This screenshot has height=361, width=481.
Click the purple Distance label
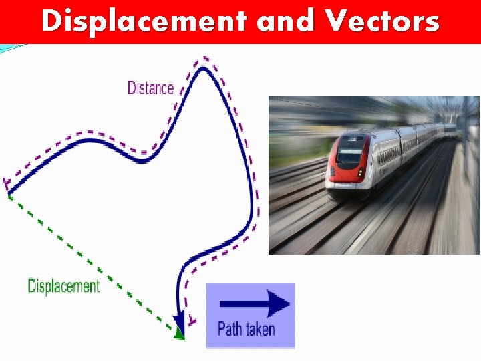pos(150,88)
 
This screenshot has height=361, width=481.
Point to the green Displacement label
pos(63,287)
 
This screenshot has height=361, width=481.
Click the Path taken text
pos(246,328)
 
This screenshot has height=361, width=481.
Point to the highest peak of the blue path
pos(205,68)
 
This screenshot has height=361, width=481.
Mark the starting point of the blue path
pos(9,193)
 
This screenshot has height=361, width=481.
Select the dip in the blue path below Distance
pos(142,160)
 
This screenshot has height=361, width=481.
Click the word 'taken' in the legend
pos(261,328)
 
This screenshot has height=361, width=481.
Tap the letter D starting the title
pos(51,21)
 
